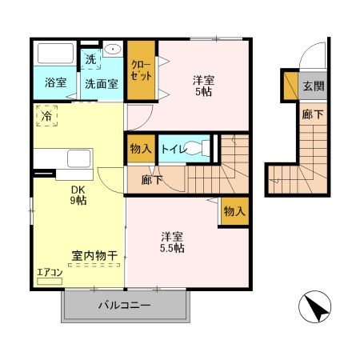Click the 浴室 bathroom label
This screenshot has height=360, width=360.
click(x=54, y=82)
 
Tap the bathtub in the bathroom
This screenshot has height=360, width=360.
click(x=54, y=56)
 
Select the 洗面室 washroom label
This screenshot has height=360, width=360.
click(x=101, y=82)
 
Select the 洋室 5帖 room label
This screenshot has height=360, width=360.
click(x=203, y=86)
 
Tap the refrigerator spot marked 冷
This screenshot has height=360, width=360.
click(x=46, y=116)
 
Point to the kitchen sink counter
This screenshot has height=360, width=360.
click(x=66, y=157)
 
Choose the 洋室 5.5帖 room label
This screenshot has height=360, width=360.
click(x=171, y=242)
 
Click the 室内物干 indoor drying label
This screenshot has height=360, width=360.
click(x=94, y=255)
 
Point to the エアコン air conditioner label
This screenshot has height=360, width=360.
click(x=48, y=273)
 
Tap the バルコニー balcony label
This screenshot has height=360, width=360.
click(x=125, y=306)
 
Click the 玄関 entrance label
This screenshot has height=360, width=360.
click(x=312, y=85)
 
